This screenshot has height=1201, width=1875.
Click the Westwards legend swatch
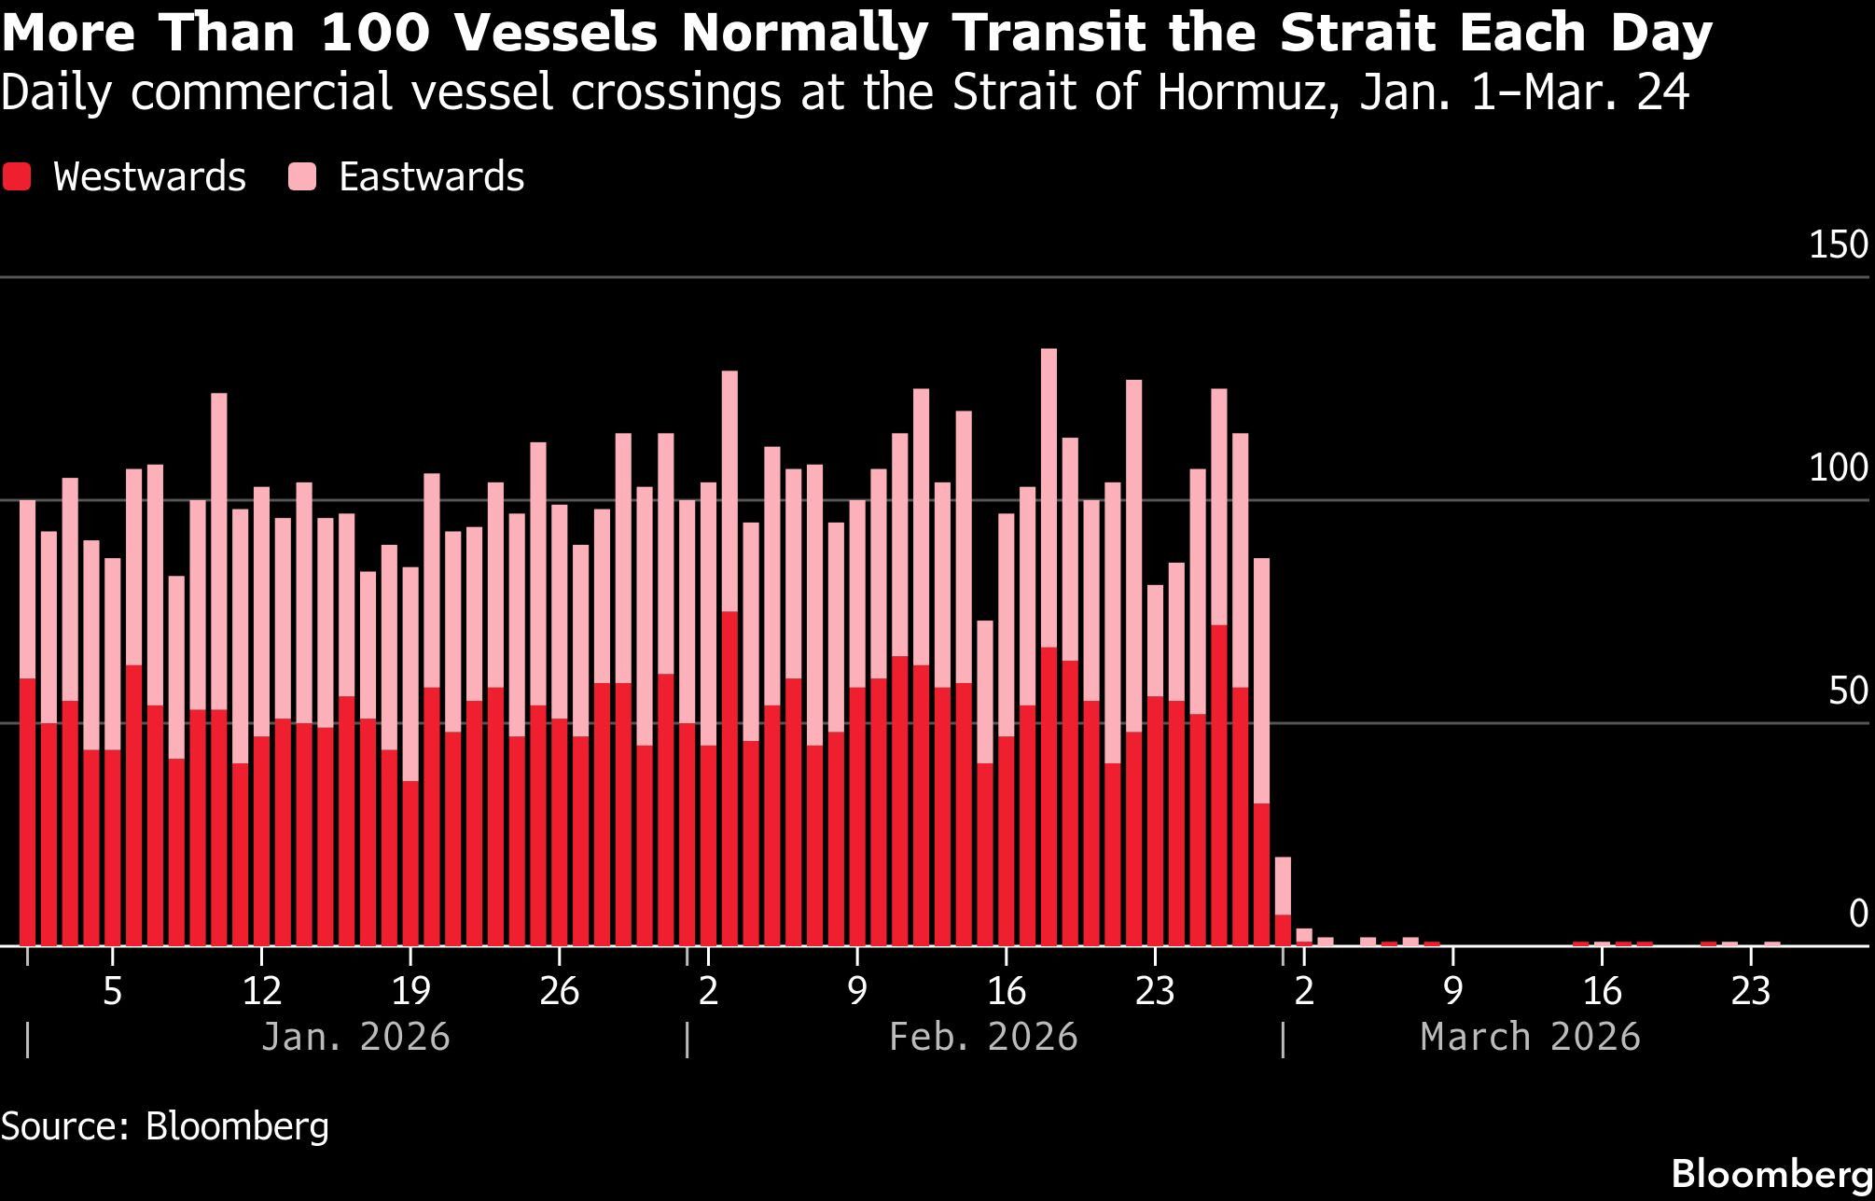(17, 177)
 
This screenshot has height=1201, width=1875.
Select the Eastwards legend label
(431, 177)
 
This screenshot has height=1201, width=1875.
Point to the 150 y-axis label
(1838, 244)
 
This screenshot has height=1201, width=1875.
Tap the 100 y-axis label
(1838, 468)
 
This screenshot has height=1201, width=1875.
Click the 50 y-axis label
(1847, 691)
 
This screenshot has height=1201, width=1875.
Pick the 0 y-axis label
(1858, 915)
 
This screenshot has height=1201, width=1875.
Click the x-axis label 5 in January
(112, 991)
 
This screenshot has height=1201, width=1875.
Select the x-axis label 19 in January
(410, 991)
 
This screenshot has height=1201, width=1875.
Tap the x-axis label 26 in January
(559, 991)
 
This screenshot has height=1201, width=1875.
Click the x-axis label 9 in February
(856, 991)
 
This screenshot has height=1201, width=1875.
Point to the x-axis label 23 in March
(1750, 991)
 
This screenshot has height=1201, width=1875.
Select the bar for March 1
(1283, 901)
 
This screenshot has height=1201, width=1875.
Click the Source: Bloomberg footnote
(165, 1126)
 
